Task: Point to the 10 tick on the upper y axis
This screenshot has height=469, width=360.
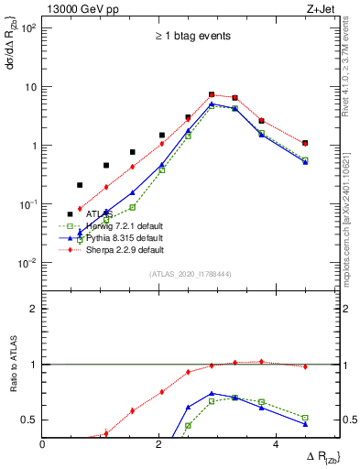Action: pyautogui.click(x=32, y=87)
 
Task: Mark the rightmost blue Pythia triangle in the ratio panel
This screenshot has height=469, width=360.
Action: pyautogui.click(x=305, y=424)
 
